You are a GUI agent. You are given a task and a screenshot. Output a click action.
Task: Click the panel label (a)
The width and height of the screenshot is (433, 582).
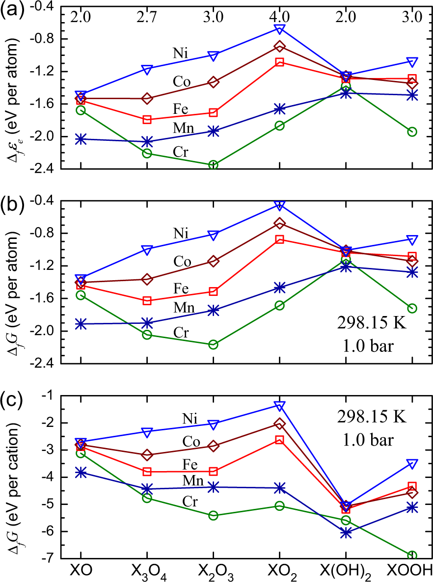coord(11,10)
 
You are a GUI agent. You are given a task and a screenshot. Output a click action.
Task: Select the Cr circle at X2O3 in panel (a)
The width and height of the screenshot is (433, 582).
coord(213,165)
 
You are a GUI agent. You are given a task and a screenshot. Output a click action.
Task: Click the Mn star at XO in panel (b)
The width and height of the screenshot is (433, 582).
coord(81,324)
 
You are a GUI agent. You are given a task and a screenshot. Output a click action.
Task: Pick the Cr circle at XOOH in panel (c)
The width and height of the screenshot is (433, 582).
coord(412,556)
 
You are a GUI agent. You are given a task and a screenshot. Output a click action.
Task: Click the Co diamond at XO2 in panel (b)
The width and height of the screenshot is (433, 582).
coord(279,223)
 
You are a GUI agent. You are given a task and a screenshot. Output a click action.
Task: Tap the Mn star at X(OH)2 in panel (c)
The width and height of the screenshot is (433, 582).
coord(346,532)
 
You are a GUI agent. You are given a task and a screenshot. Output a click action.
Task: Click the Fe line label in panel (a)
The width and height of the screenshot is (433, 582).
coord(182,108)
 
